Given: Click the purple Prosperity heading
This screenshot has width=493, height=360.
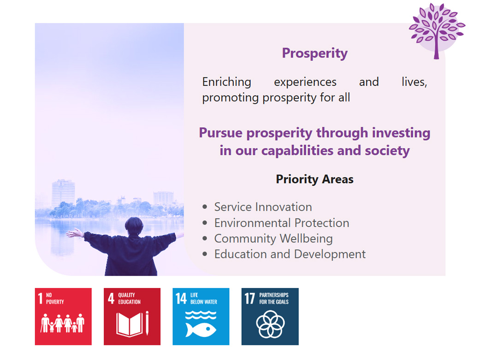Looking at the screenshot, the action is coord(315,53).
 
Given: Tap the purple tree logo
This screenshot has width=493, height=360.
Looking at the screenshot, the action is coord(437,30).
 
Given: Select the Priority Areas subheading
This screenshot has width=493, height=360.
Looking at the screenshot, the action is coord(315,179).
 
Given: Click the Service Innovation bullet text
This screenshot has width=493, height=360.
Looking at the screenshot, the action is coord(263,207).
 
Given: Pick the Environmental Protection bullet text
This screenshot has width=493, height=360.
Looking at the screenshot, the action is coord(282,223).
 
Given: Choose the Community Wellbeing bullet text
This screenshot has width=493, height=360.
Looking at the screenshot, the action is coord(273,238).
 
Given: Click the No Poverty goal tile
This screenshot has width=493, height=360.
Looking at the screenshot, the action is coord(63,316).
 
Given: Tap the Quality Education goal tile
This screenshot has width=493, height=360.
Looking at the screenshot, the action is coord(132,316).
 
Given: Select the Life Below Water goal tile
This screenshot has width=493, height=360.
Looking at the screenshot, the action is coord(201,316).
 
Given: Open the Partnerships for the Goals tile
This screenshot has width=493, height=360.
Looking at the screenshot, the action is coord(270,316).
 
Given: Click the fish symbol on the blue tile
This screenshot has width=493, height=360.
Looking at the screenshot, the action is coord(201,330).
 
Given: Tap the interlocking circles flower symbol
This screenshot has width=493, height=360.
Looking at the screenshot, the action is coord(270,324).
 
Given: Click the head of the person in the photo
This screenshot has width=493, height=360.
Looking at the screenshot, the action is coord(134,226).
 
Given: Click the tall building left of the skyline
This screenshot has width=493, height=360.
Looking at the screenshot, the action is coord(63,193).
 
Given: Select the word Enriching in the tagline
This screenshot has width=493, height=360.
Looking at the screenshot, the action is coord(227,82).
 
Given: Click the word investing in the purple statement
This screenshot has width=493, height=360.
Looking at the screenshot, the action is coord(401,133).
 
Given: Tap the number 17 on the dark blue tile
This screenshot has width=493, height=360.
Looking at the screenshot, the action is coord(249,298).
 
